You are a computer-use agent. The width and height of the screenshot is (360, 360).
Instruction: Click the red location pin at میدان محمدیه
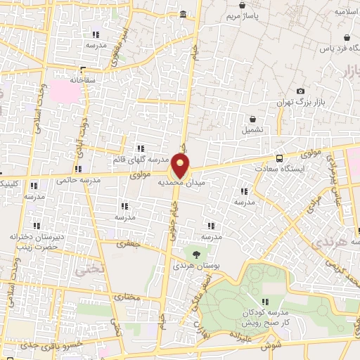tap(181, 166)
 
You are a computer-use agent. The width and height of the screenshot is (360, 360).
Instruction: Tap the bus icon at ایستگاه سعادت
tap(280, 158)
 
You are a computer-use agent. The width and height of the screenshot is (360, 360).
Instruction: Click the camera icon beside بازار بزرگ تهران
tap(301, 91)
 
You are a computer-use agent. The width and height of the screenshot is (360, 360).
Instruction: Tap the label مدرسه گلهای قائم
tap(141, 159)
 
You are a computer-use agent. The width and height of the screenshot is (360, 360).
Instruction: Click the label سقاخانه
tap(82, 80)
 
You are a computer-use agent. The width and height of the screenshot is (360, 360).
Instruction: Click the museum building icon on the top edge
tap(184, 14)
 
